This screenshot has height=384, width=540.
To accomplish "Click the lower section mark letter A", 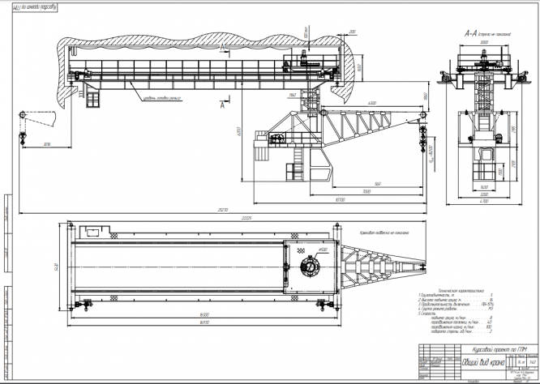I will click(x=221, y=105).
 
